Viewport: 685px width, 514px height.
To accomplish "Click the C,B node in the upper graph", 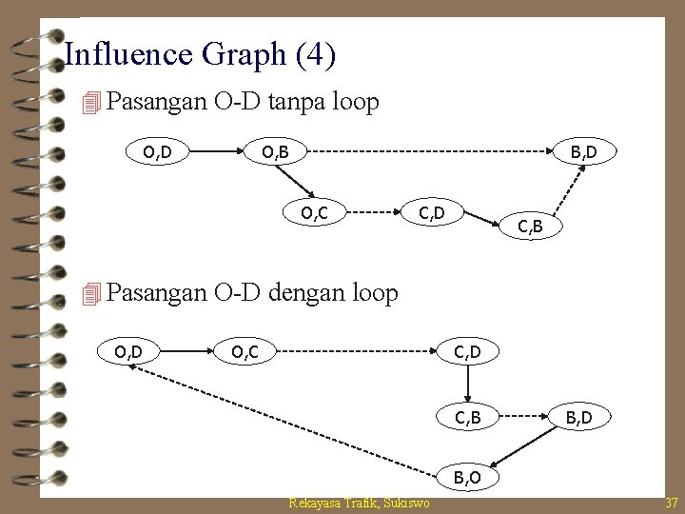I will click(531, 227).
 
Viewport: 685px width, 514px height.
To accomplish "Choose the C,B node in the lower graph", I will click(466, 416).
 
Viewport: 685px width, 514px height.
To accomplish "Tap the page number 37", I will click(669, 503).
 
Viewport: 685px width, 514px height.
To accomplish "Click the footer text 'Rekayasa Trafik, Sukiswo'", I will click(359, 503).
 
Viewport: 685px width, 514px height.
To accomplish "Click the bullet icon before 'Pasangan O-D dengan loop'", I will click(91, 294).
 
